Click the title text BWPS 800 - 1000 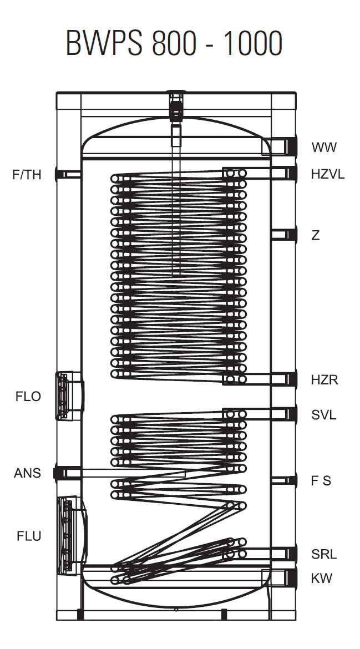(174, 43)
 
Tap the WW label (324, 148)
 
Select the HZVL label (328, 174)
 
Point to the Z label (316, 235)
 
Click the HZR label (324, 380)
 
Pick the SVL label (324, 415)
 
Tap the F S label (321, 481)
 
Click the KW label (322, 578)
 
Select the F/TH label (27, 175)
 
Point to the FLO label (28, 397)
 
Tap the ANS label (27, 473)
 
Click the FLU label (29, 536)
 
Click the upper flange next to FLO (69, 395)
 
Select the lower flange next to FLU (72, 535)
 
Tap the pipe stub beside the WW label (280, 146)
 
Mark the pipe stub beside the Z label (285, 235)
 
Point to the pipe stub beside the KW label (281, 577)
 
